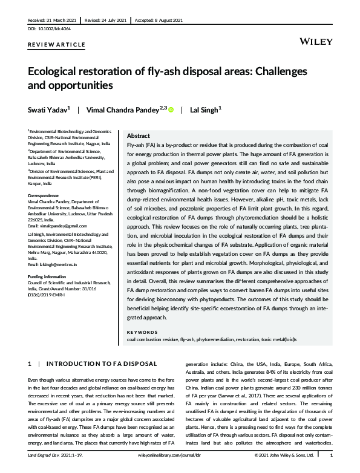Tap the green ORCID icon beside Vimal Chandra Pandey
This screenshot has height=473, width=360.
(171, 109)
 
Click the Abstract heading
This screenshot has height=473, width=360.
(138, 136)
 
